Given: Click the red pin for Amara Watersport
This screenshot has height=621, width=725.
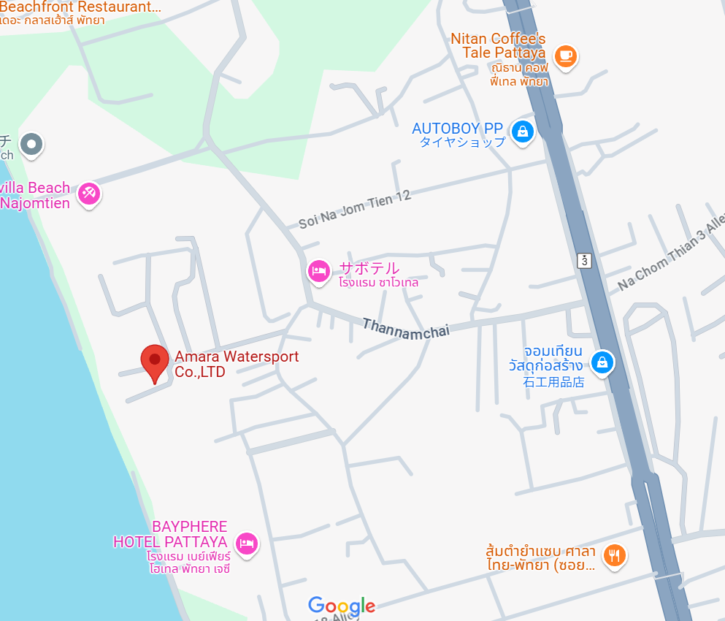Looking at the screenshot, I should point(154,360).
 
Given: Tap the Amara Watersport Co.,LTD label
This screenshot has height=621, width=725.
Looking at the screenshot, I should point(236,365).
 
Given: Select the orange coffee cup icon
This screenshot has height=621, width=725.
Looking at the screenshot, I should point(565,56).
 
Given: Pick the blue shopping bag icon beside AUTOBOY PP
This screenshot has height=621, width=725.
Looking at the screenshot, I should point(522,132).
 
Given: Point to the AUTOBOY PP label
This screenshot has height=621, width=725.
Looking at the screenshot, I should point(457,129).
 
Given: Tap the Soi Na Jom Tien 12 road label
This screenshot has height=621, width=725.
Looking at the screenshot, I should point(355,210).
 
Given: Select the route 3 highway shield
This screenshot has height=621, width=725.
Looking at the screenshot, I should point(585,260).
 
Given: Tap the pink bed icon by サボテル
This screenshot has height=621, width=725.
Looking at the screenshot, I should point(319,272).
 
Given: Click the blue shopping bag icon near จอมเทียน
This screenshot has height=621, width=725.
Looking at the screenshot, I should point(602,361).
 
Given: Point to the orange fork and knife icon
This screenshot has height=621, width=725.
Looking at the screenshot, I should point(615,555).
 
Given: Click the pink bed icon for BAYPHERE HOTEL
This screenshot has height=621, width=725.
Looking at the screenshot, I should point(247,543).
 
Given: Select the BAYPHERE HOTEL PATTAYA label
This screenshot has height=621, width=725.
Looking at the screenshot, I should point(170,535).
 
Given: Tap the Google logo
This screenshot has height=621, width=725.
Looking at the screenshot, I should point(342,606).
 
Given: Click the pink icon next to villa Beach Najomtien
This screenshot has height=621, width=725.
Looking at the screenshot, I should point(89,194).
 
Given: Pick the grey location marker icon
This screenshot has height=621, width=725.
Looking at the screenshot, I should point(31,145).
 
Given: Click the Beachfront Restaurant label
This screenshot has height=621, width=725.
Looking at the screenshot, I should point(80,7).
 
